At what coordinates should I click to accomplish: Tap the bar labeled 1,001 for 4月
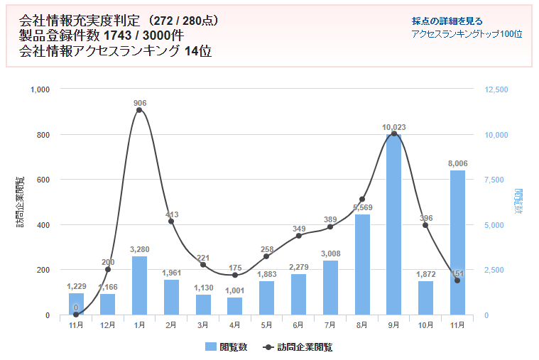tap(234, 306)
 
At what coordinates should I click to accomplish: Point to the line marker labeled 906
tap(139, 110)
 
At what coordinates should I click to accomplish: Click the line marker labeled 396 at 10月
tap(425, 225)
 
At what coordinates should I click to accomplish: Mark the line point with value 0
tap(76, 315)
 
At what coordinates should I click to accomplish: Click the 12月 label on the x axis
tap(107, 324)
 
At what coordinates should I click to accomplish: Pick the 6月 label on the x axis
tap(298, 324)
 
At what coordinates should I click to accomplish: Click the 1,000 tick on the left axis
tap(40, 90)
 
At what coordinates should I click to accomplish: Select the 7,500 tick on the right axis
tap(494, 180)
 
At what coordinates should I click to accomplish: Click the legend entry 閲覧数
tap(226, 347)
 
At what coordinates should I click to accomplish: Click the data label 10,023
tap(393, 128)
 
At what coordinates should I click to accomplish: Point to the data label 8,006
tap(457, 163)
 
